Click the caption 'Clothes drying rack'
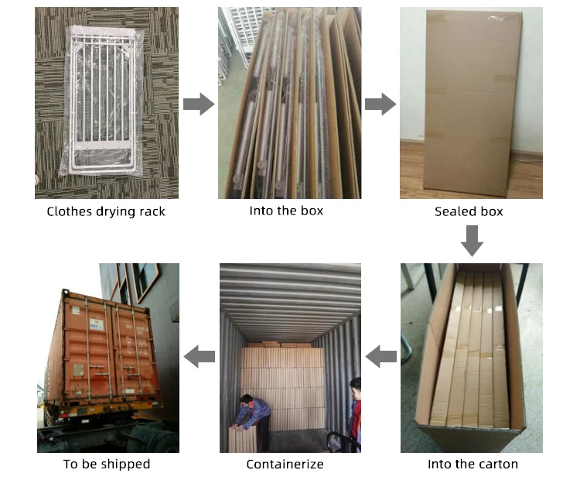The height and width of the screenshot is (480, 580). (x=106, y=211)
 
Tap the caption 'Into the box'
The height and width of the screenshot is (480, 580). (x=286, y=211)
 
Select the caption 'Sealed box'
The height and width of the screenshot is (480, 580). (x=469, y=211)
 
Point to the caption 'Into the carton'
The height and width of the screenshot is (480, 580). (x=473, y=465)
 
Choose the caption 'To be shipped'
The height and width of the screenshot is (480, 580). (x=107, y=465)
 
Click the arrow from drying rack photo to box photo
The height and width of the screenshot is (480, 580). (x=199, y=104)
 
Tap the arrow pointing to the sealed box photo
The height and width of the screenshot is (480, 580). (x=380, y=104)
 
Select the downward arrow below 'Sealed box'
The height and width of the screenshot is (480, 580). (x=472, y=241)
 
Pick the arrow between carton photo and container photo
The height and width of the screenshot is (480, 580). (x=380, y=357)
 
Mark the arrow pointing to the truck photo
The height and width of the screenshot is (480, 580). (x=199, y=357)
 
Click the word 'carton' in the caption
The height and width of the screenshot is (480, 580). (x=498, y=465)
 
